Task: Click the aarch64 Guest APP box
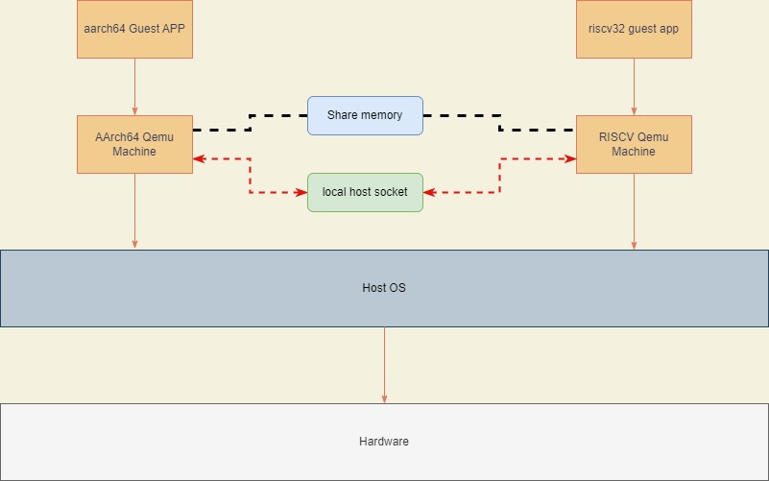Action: click(134, 29)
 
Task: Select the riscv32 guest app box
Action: click(633, 29)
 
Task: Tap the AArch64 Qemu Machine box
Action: click(134, 144)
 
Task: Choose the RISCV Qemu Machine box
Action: click(633, 144)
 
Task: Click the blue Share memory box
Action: click(365, 115)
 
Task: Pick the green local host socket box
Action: click(365, 192)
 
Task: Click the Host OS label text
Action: click(384, 288)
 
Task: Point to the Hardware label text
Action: click(384, 442)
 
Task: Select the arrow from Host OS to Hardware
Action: click(384, 365)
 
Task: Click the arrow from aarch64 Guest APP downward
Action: click(134, 86)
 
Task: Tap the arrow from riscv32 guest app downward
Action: click(633, 86)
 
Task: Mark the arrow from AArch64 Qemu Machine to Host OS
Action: click(134, 211)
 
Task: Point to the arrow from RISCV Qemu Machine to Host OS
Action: click(633, 211)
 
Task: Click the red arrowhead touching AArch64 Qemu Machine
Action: click(198, 158)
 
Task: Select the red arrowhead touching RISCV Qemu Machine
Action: click(570, 158)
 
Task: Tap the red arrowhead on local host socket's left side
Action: click(301, 192)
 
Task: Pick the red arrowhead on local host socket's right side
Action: click(428, 192)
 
